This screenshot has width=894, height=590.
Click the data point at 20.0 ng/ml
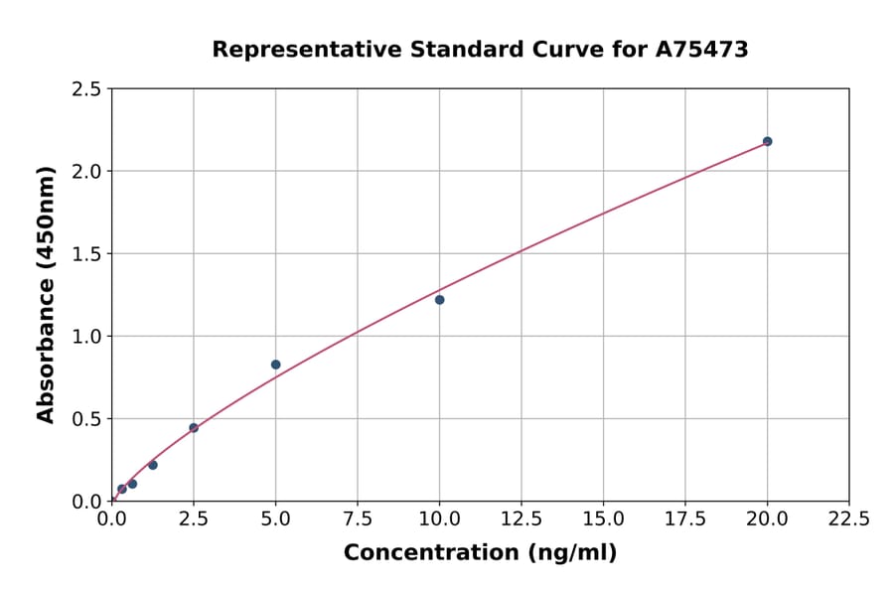767,141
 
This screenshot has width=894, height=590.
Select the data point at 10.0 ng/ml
439,300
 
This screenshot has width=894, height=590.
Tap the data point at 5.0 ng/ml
275,365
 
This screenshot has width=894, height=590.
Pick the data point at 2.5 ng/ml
194,428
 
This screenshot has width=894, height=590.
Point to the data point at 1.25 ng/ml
153,465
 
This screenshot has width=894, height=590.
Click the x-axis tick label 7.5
358,519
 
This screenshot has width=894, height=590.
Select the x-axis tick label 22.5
848,519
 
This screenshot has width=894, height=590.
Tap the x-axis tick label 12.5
521,519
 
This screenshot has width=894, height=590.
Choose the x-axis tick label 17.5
684,519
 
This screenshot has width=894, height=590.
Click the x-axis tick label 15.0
603,519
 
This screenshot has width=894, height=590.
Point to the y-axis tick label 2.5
86,89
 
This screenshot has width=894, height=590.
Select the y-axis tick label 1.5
86,254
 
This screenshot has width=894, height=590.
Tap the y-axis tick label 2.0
86,172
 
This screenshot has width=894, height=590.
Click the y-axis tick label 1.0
86,337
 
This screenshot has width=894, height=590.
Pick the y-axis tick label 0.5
86,419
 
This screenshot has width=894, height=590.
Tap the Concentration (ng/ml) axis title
480,553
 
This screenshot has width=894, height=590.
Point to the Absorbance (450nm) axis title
46,295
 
